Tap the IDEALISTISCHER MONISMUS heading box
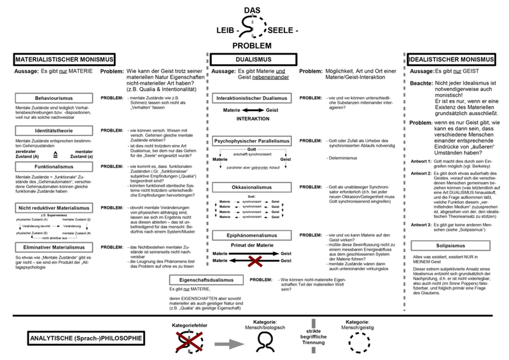point(454,59)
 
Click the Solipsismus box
point(453,246)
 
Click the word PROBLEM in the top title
point(252,46)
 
